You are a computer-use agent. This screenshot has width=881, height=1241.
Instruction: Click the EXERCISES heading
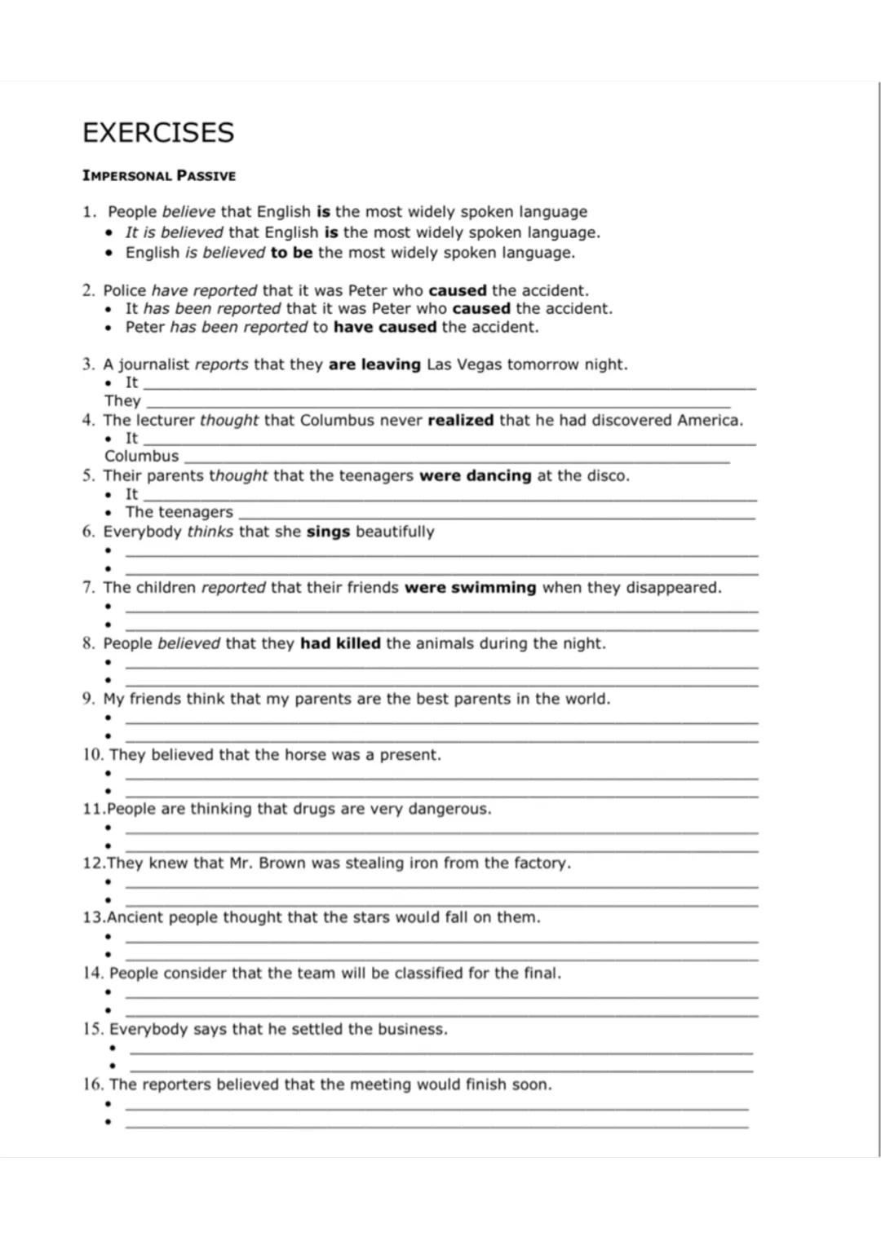pos(158,132)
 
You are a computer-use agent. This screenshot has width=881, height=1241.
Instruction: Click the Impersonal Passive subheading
pos(159,175)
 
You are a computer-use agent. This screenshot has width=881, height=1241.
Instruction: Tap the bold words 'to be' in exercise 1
pos(291,253)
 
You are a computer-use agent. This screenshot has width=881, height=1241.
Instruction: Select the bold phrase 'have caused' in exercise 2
pos(385,327)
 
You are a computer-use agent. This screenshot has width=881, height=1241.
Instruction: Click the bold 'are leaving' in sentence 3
pos(374,364)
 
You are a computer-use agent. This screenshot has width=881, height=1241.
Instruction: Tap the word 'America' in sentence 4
pos(707,421)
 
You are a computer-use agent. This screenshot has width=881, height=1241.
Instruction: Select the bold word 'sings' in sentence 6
pos(328,532)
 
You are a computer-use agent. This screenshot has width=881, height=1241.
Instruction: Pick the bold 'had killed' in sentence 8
pos(340,643)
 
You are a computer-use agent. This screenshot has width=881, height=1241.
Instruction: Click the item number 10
pos(92,755)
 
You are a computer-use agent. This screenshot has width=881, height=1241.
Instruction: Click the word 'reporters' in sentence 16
pos(175,1084)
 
